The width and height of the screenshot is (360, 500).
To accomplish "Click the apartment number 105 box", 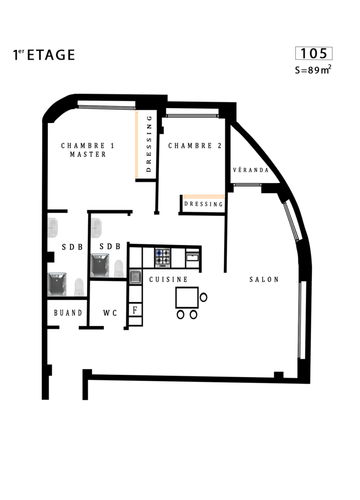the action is tap(314, 53).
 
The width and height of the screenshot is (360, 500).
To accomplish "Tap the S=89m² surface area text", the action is tap(313, 69).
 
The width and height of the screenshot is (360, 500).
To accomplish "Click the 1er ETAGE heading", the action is tap(44, 55).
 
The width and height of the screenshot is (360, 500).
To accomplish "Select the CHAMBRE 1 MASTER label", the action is tap(88, 150).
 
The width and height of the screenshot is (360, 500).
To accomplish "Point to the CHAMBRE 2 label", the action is tap(195, 146).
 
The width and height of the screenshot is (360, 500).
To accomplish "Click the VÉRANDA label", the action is tap(251, 170).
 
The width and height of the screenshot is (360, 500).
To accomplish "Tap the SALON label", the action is tap(264, 280).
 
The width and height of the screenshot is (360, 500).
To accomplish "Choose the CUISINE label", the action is tap(169, 280).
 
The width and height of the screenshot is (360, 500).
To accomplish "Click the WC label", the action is tap(110, 313).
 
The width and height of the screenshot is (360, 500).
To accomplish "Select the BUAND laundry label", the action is tap(68, 313).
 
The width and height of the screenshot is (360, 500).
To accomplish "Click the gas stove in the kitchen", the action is tap(163, 258).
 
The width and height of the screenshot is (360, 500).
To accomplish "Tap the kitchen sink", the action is tap(135, 277).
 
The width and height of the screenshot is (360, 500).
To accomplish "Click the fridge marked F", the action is tap(135, 310).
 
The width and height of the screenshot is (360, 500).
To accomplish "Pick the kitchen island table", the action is tap(187, 297).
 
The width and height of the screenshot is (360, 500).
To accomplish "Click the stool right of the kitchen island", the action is tap(203, 297).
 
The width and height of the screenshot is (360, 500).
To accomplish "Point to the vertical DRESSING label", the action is tap(149, 144).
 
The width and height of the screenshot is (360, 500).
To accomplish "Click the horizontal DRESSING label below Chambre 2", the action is tap(203, 204).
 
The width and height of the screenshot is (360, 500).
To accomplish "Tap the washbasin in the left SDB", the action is tap(52, 227).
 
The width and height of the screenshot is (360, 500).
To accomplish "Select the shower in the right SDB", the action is tap(100, 265).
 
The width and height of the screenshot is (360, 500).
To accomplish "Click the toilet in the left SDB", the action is tap(79, 287).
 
